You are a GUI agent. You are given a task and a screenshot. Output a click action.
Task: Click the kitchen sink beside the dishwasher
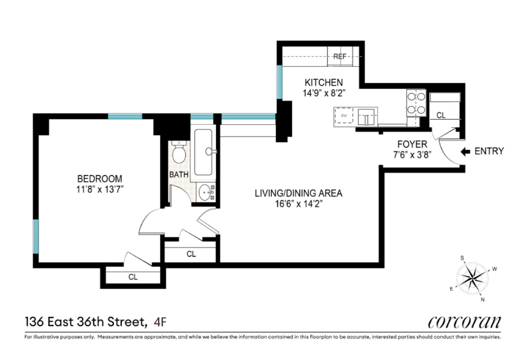coord(367,117)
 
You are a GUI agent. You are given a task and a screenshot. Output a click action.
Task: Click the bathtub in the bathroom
coord(204,152)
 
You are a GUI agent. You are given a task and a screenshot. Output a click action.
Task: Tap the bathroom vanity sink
coord(205,191)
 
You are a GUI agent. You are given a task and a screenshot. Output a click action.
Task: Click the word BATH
coord(179,175)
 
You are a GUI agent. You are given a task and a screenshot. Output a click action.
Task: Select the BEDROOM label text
coord(99,179)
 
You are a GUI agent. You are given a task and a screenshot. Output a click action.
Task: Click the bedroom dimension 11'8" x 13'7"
coord(99,188)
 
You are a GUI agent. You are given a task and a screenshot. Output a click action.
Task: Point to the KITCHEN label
coord(323,82)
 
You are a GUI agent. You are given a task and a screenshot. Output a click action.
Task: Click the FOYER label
coord(412,144)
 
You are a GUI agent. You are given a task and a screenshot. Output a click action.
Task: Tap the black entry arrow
coord(465,152)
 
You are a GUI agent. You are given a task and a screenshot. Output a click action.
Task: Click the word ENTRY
coord(489,152)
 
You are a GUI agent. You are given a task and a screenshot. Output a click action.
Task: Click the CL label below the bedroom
coord(133,277)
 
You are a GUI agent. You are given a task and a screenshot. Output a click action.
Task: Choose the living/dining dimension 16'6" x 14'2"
coord(298,203)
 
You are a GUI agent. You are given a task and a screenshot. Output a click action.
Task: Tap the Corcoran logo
coord(464,322)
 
